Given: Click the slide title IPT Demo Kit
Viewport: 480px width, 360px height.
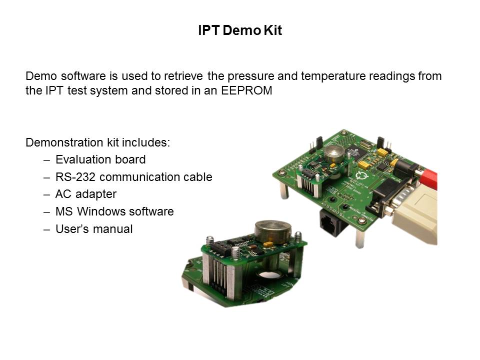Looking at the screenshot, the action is coord(240,30).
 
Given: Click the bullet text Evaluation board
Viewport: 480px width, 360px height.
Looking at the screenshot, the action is coord(100,159).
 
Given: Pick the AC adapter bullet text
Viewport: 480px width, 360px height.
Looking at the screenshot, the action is coord(85,194).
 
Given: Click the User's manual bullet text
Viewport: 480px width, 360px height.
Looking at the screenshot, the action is coord(94,229).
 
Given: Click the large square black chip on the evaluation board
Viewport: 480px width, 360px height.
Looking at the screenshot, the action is coord(356,152).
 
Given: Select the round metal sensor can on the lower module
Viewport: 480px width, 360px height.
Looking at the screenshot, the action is coord(272,230).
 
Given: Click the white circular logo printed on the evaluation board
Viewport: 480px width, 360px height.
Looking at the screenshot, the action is coord(363,175).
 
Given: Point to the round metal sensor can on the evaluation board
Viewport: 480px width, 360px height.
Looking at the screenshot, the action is coord(334,153).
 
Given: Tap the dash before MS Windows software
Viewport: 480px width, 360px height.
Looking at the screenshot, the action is coord(46,212).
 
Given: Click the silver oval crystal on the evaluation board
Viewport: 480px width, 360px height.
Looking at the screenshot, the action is coord(366,143).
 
